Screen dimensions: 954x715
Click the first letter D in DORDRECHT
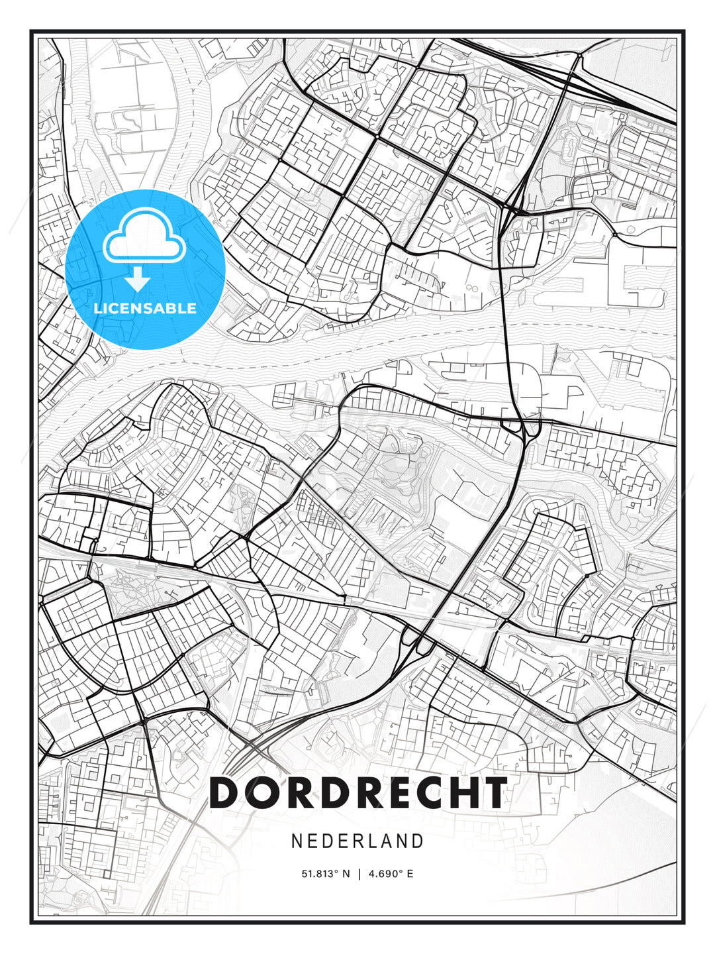[224, 792]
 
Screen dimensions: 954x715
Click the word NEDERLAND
[358, 841]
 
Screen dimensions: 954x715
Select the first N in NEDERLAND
[297, 841]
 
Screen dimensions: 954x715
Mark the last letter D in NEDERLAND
[417, 841]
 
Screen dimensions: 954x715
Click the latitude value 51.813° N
[325, 874]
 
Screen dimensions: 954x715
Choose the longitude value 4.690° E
[391, 874]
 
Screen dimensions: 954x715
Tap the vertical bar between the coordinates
[359, 874]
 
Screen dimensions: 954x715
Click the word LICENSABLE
[145, 308]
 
